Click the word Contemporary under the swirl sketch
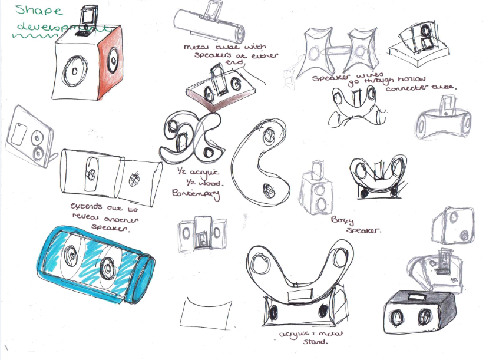[x=190, y=192]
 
